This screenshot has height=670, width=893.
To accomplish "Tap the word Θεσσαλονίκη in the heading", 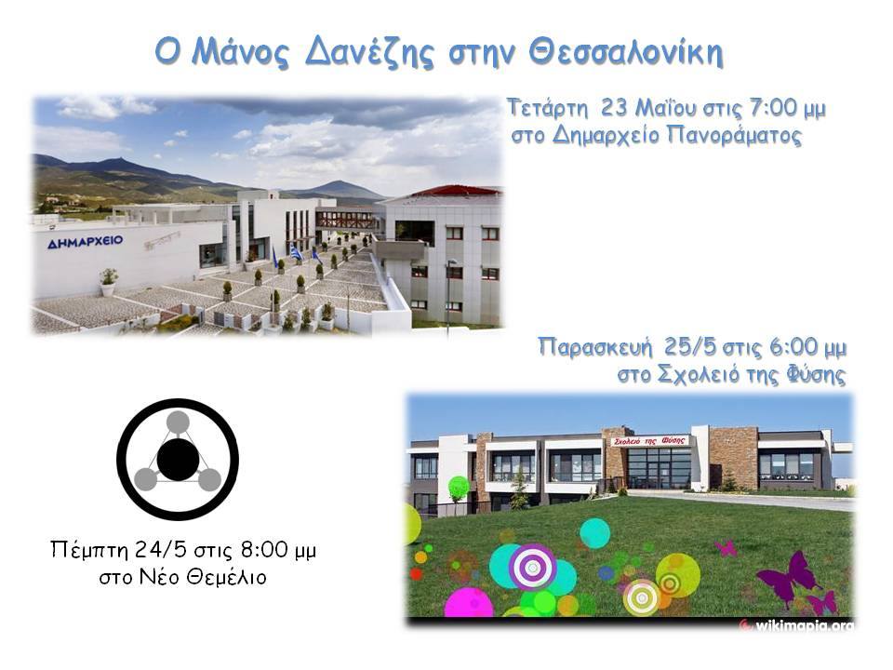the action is click(x=626, y=53).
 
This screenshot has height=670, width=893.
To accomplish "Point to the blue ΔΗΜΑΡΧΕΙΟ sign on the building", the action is click(x=86, y=242).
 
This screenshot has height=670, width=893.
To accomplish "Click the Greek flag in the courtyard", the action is click(x=296, y=253).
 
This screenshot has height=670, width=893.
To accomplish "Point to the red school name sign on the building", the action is click(x=649, y=440).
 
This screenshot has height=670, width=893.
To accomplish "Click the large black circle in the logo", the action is click(x=179, y=459).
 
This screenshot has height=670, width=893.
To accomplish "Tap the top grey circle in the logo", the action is click(x=178, y=422).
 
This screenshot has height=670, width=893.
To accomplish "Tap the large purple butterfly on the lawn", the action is click(x=789, y=577).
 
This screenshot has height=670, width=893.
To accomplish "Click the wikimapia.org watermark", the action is click(x=797, y=625).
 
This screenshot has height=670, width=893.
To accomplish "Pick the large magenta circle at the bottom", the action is click(x=469, y=603).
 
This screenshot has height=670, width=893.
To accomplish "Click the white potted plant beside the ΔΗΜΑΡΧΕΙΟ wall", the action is click(x=108, y=282).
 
